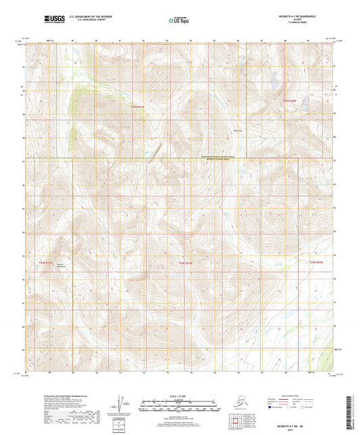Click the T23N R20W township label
coord(289,101)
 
